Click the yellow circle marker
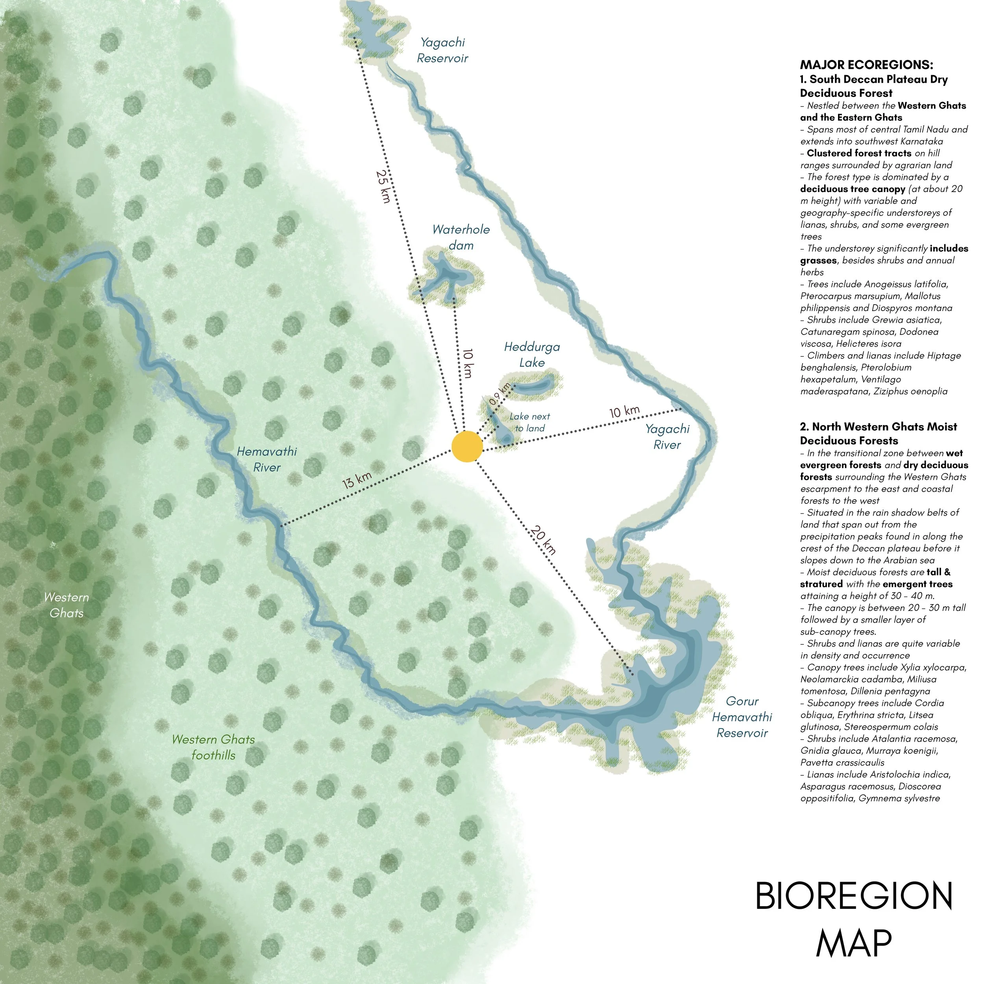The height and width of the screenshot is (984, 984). pos(466,446)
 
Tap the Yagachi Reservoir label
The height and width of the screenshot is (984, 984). pos(442,50)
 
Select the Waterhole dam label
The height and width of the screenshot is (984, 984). pos(461,237)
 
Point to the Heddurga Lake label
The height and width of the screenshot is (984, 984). pos(532,355)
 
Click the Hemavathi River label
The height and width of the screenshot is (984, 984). pos(266,459)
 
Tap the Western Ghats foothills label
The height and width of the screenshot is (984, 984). pos(213,747)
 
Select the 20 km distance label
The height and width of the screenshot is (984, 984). pos(543,539)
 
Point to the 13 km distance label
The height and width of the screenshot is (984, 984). pos(357,480)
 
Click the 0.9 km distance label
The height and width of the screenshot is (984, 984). pos(499,394)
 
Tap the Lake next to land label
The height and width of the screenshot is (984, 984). pos(530,422)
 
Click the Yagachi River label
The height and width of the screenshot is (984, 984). pos(667,437)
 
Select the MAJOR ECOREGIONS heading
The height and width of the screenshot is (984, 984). pos(866,65)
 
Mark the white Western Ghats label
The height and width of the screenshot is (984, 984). pos(66,605)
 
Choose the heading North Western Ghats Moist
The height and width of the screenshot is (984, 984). pos(878,427)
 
